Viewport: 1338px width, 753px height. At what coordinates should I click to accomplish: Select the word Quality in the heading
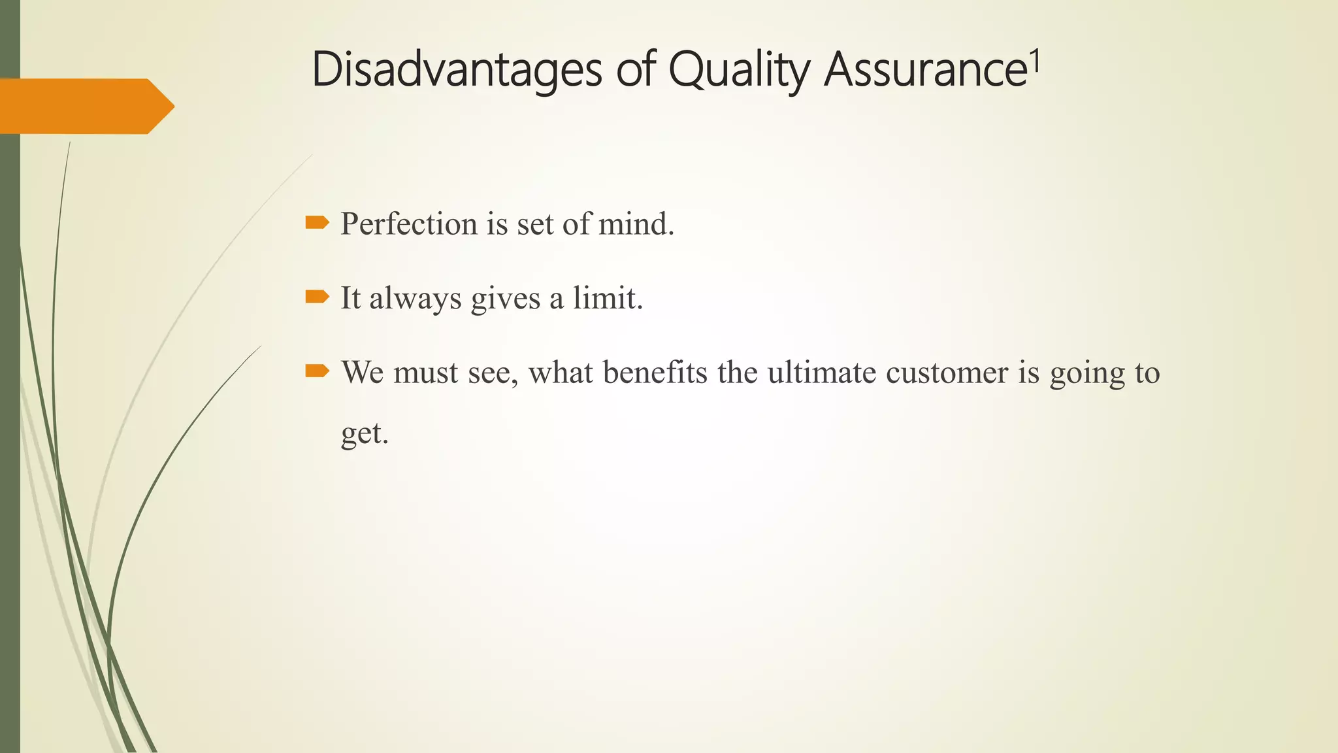(x=738, y=71)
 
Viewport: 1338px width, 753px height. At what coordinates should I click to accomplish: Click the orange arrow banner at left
(x=85, y=106)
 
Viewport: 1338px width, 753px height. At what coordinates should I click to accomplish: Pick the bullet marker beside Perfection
(x=317, y=224)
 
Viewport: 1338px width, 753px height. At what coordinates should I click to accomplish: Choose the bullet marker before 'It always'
(x=317, y=297)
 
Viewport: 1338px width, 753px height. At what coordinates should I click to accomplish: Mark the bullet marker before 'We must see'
(x=317, y=371)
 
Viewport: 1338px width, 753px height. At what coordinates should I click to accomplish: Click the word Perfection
(x=409, y=224)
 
